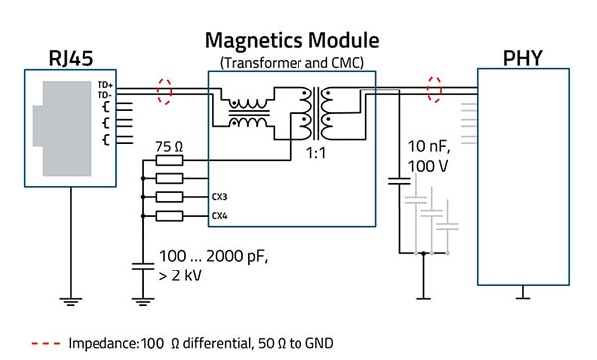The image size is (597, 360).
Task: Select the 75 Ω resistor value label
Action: click(x=170, y=146)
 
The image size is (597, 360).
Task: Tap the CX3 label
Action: click(x=220, y=197)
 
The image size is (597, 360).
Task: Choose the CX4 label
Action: click(x=220, y=216)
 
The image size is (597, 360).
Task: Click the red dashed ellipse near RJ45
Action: click(x=165, y=90)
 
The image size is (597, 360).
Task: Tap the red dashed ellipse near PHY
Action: click(x=433, y=90)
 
